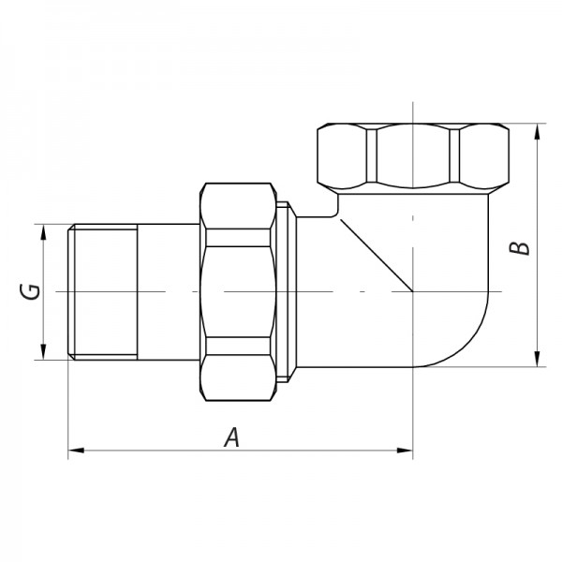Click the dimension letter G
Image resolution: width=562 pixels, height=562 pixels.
pos(31,292)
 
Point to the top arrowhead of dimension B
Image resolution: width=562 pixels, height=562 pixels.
pos(537,132)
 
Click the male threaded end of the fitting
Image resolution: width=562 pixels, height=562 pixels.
pos(103,292)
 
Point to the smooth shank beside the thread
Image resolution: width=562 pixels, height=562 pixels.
pos(169,292)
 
